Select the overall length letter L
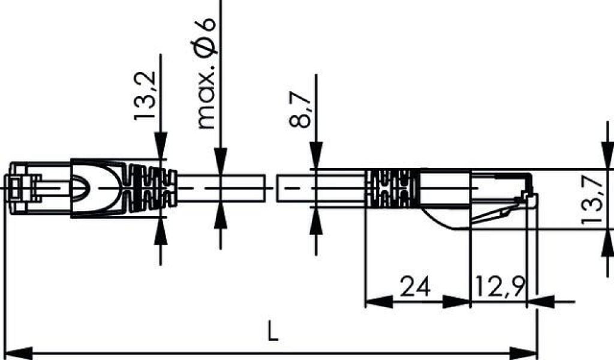[273, 331]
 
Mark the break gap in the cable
[270, 188]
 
